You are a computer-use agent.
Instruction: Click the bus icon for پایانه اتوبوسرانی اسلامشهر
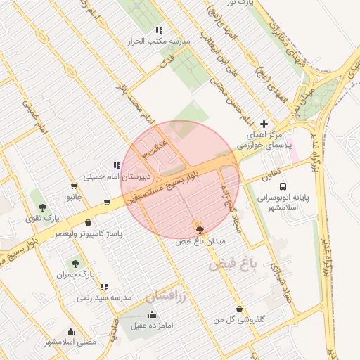283,187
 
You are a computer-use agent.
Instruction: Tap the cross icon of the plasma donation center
264,124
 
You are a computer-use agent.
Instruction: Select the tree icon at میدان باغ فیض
200,230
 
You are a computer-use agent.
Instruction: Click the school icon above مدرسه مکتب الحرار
159,31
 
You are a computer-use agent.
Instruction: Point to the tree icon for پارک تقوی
44,207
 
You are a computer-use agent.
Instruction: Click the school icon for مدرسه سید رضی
104,287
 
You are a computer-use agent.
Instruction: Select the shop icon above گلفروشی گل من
240,309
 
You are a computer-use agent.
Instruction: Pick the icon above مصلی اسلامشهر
70,331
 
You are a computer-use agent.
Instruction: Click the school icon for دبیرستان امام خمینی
117,166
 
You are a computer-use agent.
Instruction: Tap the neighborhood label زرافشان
167,298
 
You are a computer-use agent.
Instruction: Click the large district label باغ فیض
233,265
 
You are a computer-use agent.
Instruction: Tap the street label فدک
167,63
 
